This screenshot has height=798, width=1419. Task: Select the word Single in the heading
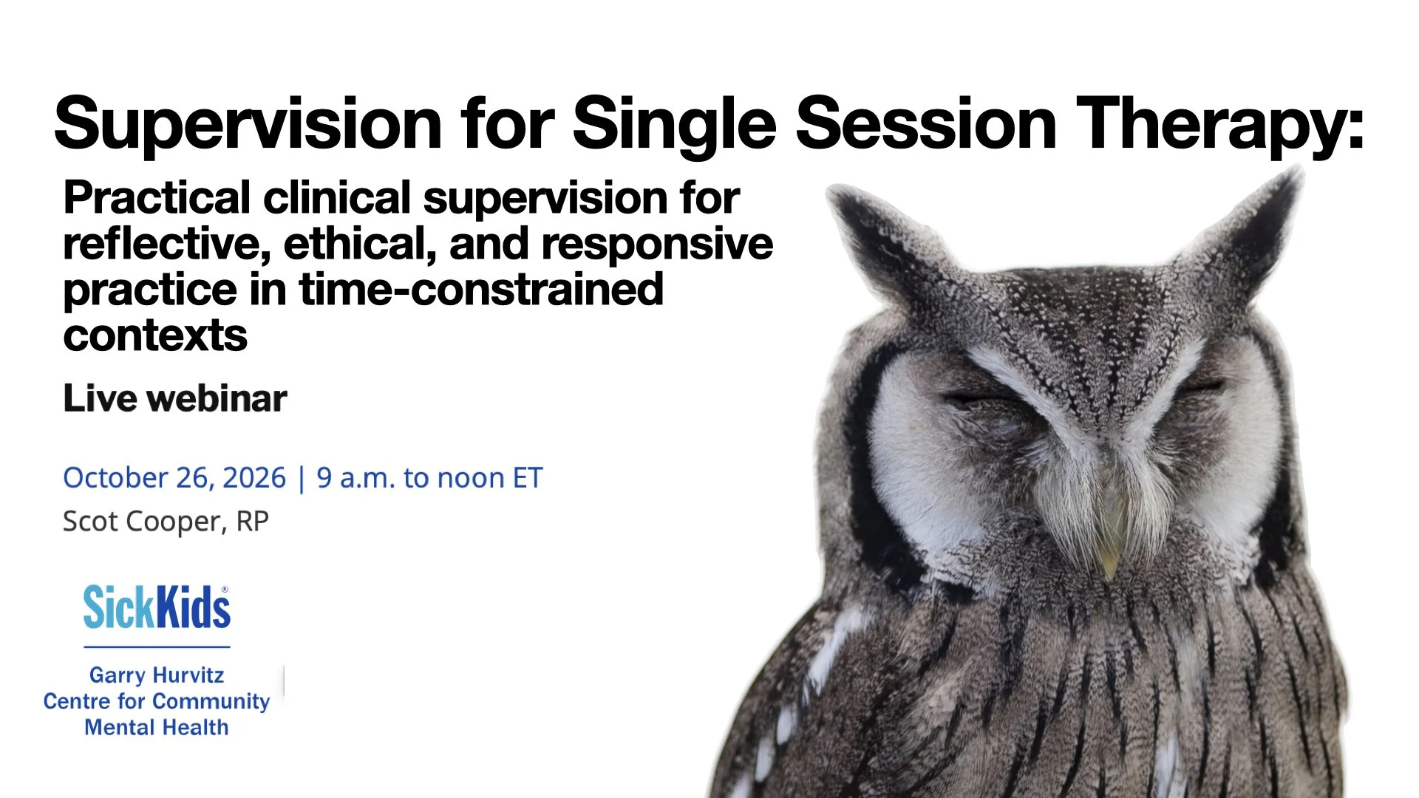(674, 124)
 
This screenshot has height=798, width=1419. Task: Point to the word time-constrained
(481, 290)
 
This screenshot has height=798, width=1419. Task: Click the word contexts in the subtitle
(155, 336)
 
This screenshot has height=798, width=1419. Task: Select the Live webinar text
(175, 399)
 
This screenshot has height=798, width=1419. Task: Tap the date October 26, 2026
(174, 478)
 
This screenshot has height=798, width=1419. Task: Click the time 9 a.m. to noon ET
(429, 478)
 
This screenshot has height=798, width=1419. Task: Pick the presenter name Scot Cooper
(143, 522)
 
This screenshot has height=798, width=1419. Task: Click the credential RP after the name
(252, 522)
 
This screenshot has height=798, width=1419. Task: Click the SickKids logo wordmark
(157, 608)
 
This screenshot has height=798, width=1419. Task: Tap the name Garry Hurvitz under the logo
(157, 675)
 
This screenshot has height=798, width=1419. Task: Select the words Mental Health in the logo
(157, 728)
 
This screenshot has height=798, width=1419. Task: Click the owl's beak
(1109, 547)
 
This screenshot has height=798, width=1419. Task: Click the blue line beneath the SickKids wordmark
(157, 647)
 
